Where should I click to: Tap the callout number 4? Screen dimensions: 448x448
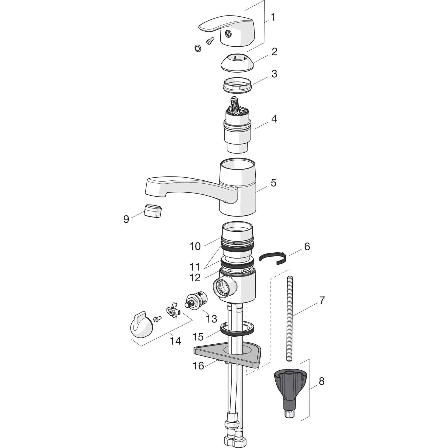pos(274,119)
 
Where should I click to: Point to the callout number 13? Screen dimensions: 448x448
pos(211,319)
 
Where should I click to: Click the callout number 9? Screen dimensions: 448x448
pos(126,219)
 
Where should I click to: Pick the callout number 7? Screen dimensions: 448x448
pos(321,300)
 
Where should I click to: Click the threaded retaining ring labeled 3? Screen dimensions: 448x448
pos(237,85)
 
